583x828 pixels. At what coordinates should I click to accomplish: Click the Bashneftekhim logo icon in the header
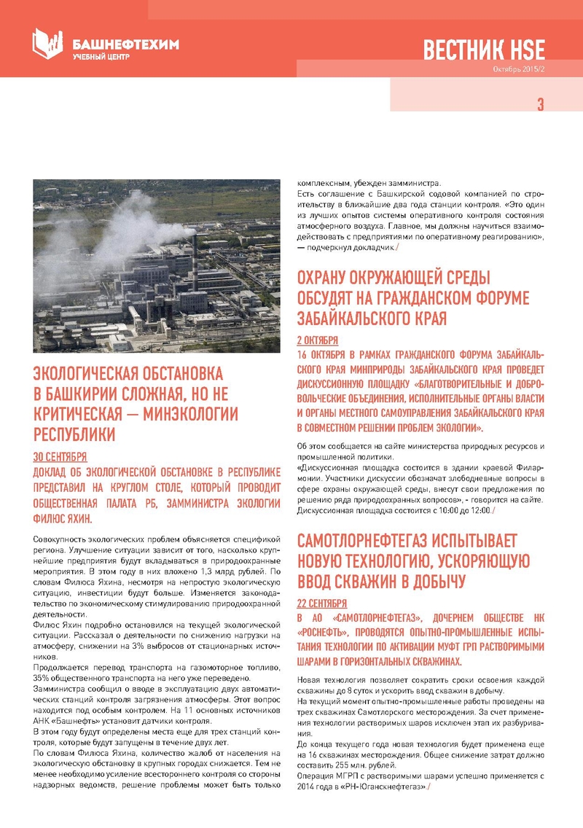point(48,43)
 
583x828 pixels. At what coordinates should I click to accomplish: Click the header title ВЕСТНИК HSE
point(484,50)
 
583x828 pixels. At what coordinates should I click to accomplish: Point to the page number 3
point(541,104)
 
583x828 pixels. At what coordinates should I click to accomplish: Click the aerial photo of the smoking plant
point(157,265)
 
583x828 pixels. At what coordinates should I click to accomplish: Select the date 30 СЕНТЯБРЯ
point(60,457)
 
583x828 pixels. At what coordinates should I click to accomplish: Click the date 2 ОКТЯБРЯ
point(318,340)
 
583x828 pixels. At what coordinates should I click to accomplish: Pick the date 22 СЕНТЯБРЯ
point(322,604)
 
